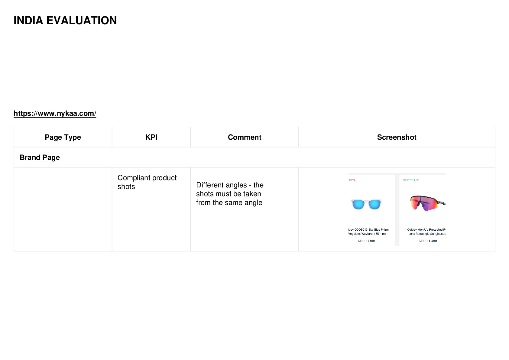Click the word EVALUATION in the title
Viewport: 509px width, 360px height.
(x=82, y=21)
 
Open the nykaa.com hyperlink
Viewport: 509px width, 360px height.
(x=55, y=113)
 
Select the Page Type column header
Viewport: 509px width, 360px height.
(x=63, y=137)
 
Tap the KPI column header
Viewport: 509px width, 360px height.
(x=151, y=137)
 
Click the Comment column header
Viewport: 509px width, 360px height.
(x=245, y=137)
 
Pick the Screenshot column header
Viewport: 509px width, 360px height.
(x=397, y=137)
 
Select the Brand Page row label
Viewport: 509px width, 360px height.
(x=40, y=157)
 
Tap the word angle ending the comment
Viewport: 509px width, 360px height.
(x=253, y=203)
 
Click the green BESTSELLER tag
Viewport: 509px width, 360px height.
(x=411, y=180)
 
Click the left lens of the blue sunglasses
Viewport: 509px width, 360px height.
(x=358, y=205)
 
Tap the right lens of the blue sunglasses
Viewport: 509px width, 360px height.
(x=374, y=205)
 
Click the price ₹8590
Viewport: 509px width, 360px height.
(x=370, y=241)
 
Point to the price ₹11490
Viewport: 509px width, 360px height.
(x=432, y=241)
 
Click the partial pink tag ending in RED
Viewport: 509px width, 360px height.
(x=352, y=180)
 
